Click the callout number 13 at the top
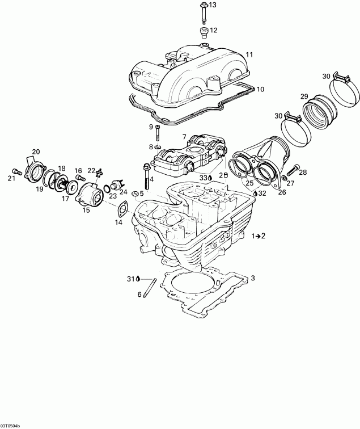(x=213, y=5)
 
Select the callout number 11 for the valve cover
(x=249, y=54)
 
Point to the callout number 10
(x=260, y=89)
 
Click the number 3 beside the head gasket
(x=253, y=278)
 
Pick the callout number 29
(x=304, y=96)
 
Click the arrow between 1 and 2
(x=243, y=235)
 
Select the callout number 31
(x=130, y=279)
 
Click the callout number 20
(x=36, y=152)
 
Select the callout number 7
(x=184, y=137)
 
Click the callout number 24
(x=123, y=192)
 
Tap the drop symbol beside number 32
(x=256, y=194)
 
